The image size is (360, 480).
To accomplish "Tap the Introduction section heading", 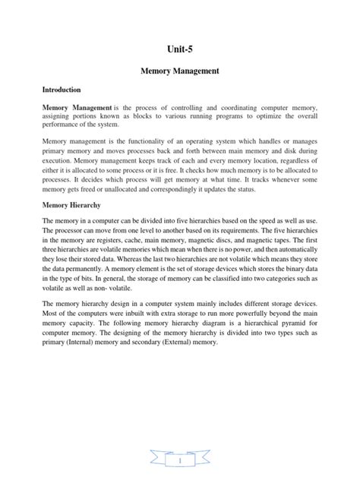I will click(x=65, y=90).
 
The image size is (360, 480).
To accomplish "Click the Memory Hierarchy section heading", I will click(x=74, y=205).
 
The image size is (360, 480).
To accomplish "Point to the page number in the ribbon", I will click(x=180, y=460).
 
